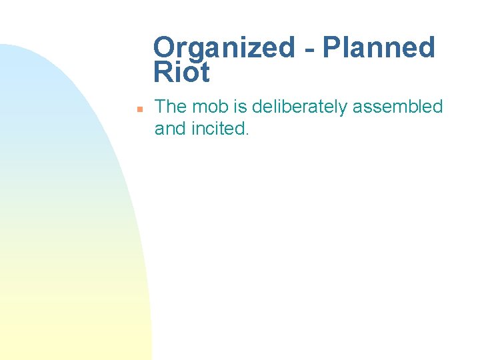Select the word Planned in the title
(378, 47)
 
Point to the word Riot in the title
(181, 73)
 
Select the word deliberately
(299, 107)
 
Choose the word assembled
(398, 107)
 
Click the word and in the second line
(170, 128)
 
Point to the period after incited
(247, 133)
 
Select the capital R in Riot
(163, 73)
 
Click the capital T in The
(160, 107)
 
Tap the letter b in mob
(223, 107)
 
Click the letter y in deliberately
(342, 109)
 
